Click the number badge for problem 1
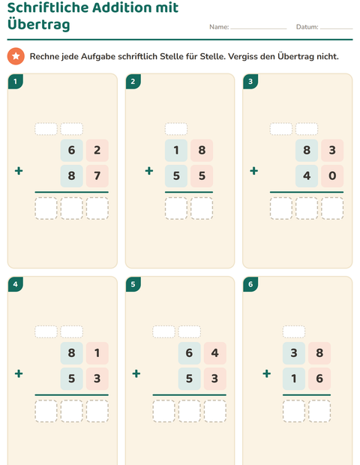[x=16, y=81]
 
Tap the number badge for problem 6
[x=250, y=284]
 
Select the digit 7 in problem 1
[x=97, y=175]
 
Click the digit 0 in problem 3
[x=332, y=175]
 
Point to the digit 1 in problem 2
[x=176, y=150]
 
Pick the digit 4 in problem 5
[x=215, y=353]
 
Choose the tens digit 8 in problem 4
[x=71, y=353]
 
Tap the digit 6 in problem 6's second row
[x=319, y=379]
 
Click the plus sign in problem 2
[x=149, y=171]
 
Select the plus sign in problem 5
[x=136, y=373]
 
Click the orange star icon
[x=16, y=56]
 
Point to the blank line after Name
[x=259, y=28]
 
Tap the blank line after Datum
[x=337, y=28]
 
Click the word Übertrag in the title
[x=38, y=24]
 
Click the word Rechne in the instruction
[x=44, y=56]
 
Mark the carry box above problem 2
[x=176, y=129]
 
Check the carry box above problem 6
[x=294, y=331]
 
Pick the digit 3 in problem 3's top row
[x=332, y=150]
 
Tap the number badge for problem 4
[x=16, y=284]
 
